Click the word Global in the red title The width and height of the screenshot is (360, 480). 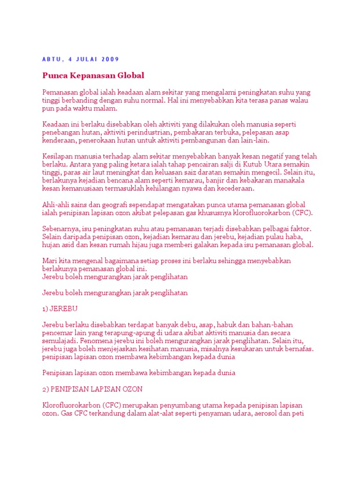click(x=132, y=75)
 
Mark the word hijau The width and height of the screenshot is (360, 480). click(x=131, y=245)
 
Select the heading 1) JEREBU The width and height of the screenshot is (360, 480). click(x=60, y=309)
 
